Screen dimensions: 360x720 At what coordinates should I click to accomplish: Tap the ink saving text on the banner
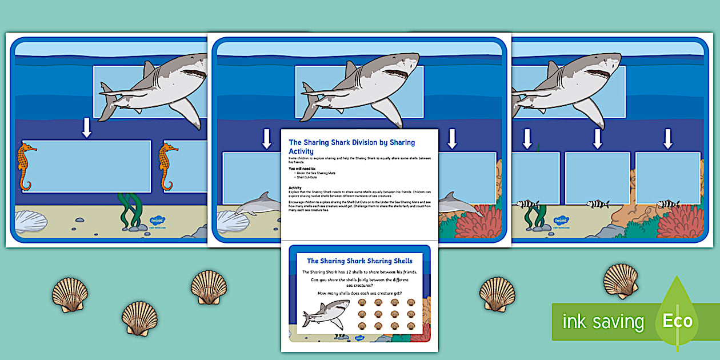coord(602,322)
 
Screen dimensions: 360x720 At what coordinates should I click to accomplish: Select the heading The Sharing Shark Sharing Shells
coord(359,261)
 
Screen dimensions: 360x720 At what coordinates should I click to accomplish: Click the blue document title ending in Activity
coord(351,146)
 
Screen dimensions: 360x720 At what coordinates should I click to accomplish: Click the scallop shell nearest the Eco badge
coord(620,281)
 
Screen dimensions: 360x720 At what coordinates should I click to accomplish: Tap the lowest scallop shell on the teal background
coord(139,318)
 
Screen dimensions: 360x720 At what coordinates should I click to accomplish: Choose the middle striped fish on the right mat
coord(597,203)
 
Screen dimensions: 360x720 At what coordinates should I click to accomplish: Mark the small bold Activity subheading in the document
coord(295,187)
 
